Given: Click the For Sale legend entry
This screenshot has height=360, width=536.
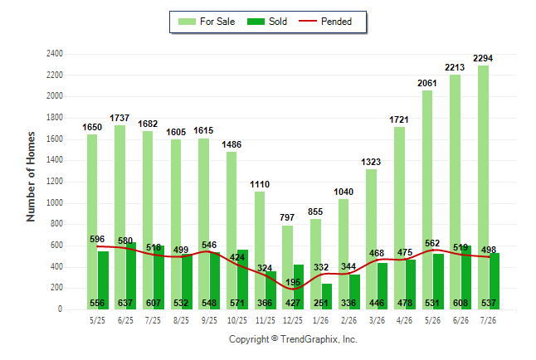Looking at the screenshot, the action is pyautogui.click(x=207, y=22).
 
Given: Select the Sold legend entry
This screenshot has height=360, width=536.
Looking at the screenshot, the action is pyautogui.click(x=267, y=22).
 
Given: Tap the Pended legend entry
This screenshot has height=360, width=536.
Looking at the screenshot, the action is pyautogui.click(x=325, y=22).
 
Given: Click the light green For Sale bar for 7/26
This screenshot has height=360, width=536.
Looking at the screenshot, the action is pyautogui.click(x=483, y=187).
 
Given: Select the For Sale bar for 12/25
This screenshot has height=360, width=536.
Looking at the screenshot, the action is pyautogui.click(x=287, y=267).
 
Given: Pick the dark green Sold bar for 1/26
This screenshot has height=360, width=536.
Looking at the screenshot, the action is pyautogui.click(x=326, y=296).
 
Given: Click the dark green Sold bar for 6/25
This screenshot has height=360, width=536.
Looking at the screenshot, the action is pyautogui.click(x=130, y=276).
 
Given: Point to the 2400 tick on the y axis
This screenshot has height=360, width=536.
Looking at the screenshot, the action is pyautogui.click(x=55, y=54).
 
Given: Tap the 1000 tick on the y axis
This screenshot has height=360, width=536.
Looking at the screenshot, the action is pyautogui.click(x=55, y=202).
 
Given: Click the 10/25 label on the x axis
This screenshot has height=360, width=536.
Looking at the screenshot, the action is pyautogui.click(x=237, y=320).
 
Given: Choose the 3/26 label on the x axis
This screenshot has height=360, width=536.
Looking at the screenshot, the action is pyautogui.click(x=377, y=320).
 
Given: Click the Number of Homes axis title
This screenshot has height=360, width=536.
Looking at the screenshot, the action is pyautogui.click(x=31, y=177).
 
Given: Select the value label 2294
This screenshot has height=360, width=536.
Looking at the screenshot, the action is pyautogui.click(x=483, y=58).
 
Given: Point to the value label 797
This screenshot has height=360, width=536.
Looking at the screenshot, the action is pyautogui.click(x=287, y=217).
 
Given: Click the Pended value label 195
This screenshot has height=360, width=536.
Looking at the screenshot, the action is pyautogui.click(x=293, y=282).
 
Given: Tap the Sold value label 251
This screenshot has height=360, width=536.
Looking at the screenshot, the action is pyautogui.click(x=320, y=303).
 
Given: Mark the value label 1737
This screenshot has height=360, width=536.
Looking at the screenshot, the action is pyautogui.click(x=119, y=118).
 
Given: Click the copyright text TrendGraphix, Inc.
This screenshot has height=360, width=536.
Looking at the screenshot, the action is pyautogui.click(x=319, y=339).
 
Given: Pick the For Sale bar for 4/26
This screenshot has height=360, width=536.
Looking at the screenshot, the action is pyautogui.click(x=399, y=218).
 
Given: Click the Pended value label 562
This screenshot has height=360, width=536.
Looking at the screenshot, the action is pyautogui.click(x=432, y=243).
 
